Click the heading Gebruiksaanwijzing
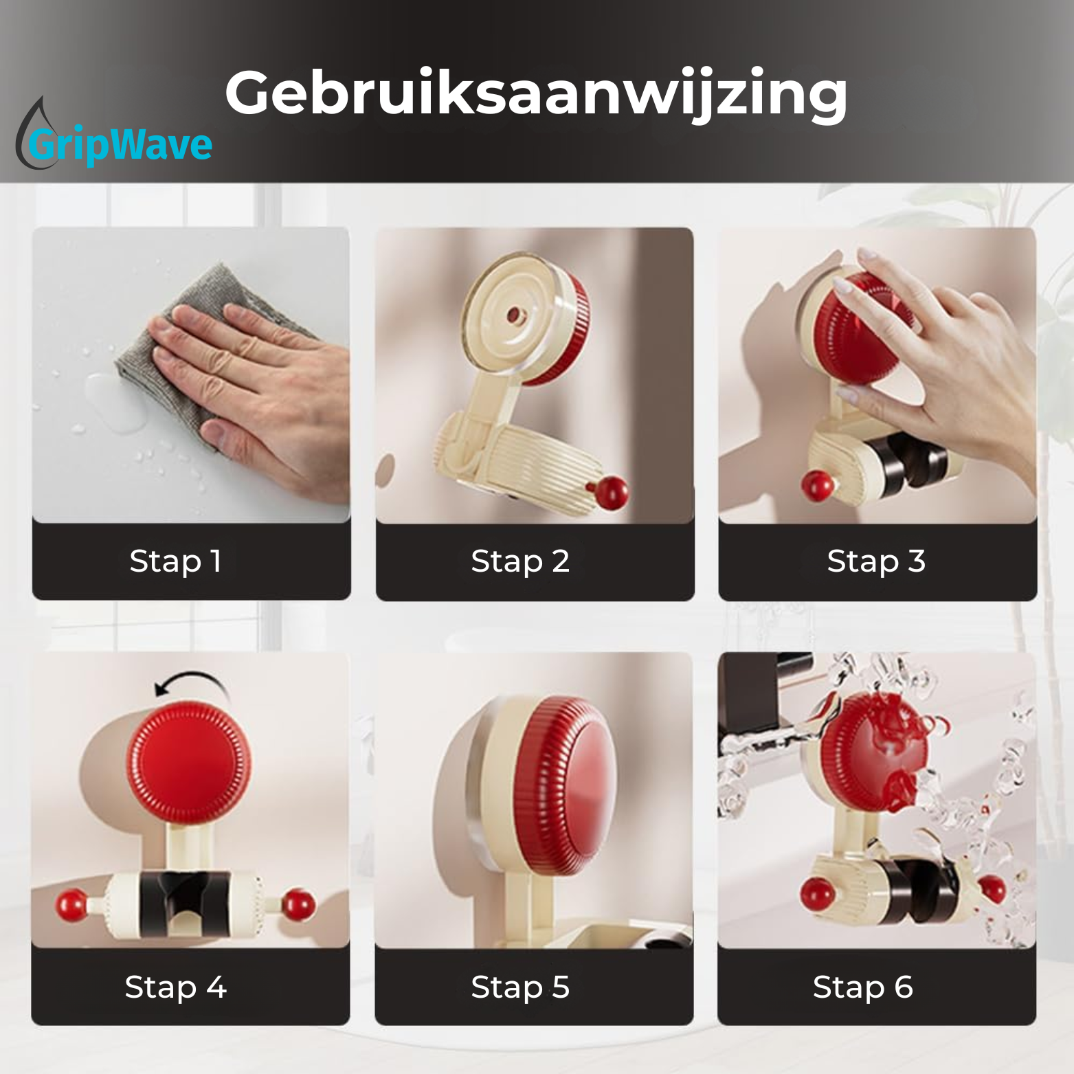pos(536,94)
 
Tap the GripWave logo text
pos(121,145)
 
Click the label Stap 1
pos(175,561)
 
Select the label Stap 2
pos(520,561)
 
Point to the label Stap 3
pos(876,561)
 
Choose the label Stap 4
pos(175,987)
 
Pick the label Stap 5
pos(520,987)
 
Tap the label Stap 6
pos(862,987)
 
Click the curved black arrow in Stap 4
pos(190,683)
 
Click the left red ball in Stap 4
pos(72,904)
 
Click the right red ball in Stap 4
pos(298,904)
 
